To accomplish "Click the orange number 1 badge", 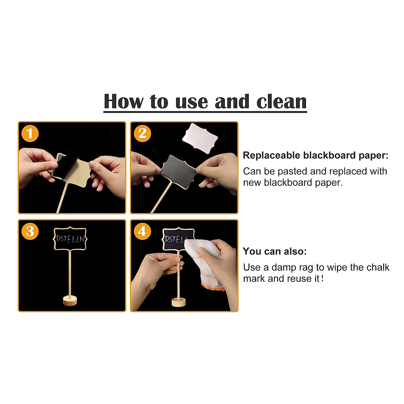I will [30, 134].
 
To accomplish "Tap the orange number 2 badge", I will [142, 134].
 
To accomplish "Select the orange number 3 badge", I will [30, 232].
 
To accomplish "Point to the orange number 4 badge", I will [142, 232].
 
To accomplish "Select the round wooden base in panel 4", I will [178, 302].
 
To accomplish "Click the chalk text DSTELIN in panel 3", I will [70, 239].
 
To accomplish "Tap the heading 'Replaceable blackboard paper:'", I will [315, 156].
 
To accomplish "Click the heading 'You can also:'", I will [275, 251].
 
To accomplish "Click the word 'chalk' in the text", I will [378, 267].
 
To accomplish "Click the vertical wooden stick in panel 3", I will [70, 273].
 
